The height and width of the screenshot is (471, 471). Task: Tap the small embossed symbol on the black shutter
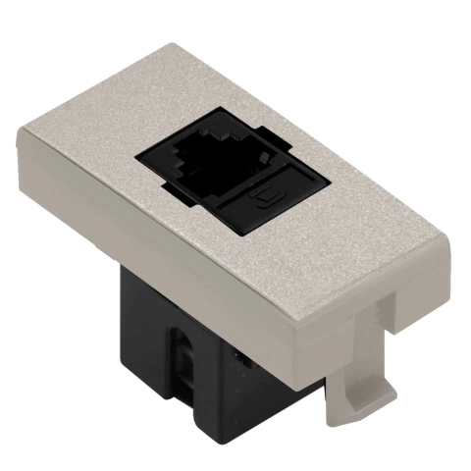(x=261, y=205)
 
